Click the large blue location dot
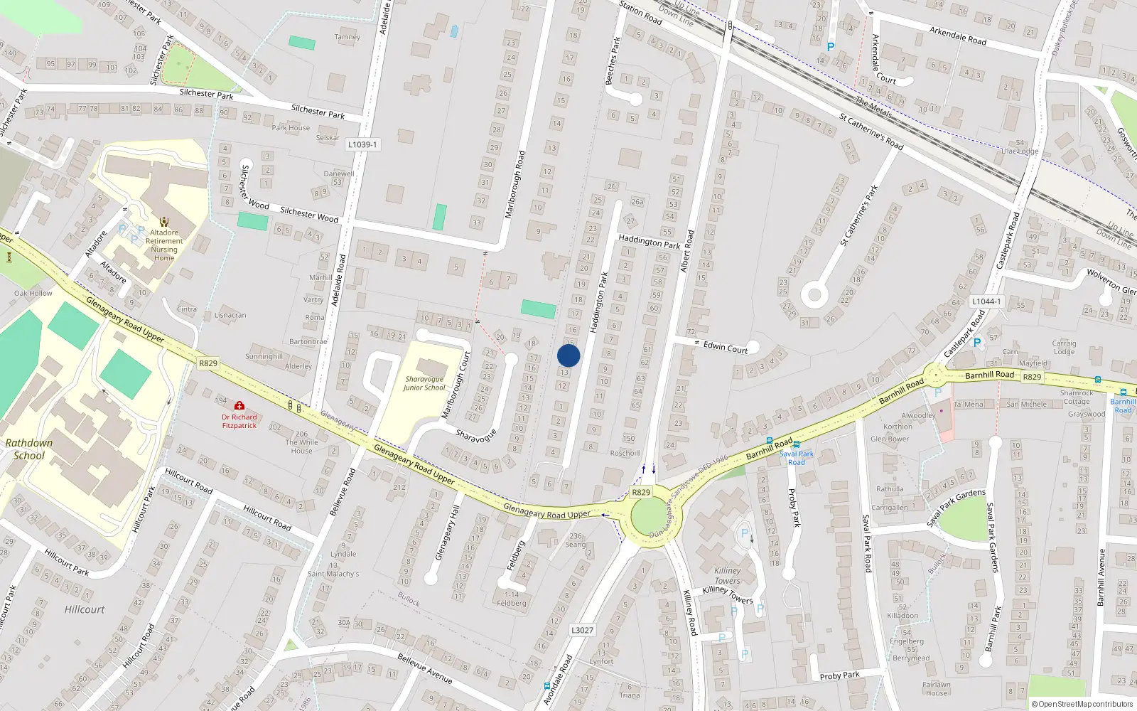[x=568, y=355]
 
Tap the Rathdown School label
[x=29, y=449]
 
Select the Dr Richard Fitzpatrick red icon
[x=239, y=405]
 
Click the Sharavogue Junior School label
[x=424, y=383]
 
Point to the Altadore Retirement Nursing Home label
[x=164, y=245]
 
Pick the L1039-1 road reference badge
[x=362, y=144]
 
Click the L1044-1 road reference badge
[x=986, y=301]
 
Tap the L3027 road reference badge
[x=582, y=630]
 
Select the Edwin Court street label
[x=726, y=348]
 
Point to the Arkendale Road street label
[x=957, y=36]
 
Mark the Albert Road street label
[x=686, y=251]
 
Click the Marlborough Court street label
[x=456, y=385]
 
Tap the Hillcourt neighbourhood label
[x=85, y=609]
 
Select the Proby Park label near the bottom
[x=839, y=675]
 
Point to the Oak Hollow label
[x=33, y=293]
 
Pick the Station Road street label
[x=640, y=13]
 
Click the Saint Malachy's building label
[x=333, y=574]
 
